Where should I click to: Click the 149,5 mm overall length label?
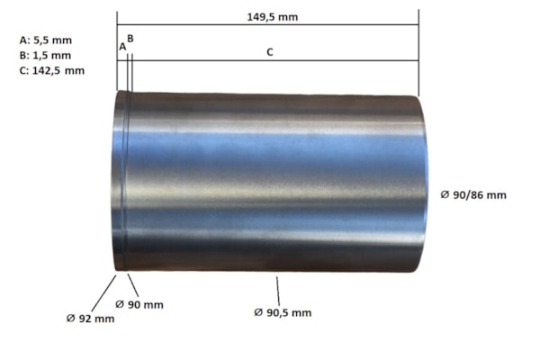[x=273, y=17]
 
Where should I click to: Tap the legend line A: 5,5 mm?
[x=46, y=40]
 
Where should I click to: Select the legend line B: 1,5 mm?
[x=46, y=56]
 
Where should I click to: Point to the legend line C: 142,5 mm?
[x=52, y=70]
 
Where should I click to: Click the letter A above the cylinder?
[x=122, y=47]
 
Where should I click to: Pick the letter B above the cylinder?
[x=130, y=39]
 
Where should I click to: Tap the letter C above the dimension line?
[x=270, y=52]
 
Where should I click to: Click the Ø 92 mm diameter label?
[x=91, y=319]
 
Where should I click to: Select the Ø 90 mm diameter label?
[x=139, y=304]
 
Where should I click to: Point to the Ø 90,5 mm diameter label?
[x=283, y=312]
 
